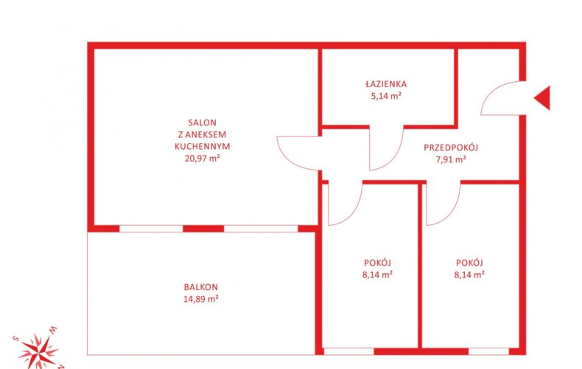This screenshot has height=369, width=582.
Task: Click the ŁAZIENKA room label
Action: click(x=386, y=84)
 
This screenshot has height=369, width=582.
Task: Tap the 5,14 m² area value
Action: click(x=386, y=96)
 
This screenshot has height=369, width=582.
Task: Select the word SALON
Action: click(x=203, y=123)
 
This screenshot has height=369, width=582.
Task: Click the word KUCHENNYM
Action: click(x=203, y=147)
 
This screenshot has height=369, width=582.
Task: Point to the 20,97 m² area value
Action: click(x=203, y=159)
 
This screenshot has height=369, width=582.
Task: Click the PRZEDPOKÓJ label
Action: click(x=451, y=148)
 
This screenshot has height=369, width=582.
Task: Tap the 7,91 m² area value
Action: click(x=451, y=159)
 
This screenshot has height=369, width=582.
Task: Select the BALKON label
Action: click(x=201, y=287)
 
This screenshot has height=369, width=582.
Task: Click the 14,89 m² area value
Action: click(x=201, y=299)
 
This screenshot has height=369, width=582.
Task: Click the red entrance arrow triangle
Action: click(x=544, y=98)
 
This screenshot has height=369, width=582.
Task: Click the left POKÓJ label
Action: click(x=377, y=263)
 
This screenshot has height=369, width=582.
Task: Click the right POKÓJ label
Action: click(x=469, y=263)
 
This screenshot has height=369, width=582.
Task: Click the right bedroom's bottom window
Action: click(x=488, y=351)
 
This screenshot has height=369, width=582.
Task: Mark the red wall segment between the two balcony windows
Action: click(x=203, y=228)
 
